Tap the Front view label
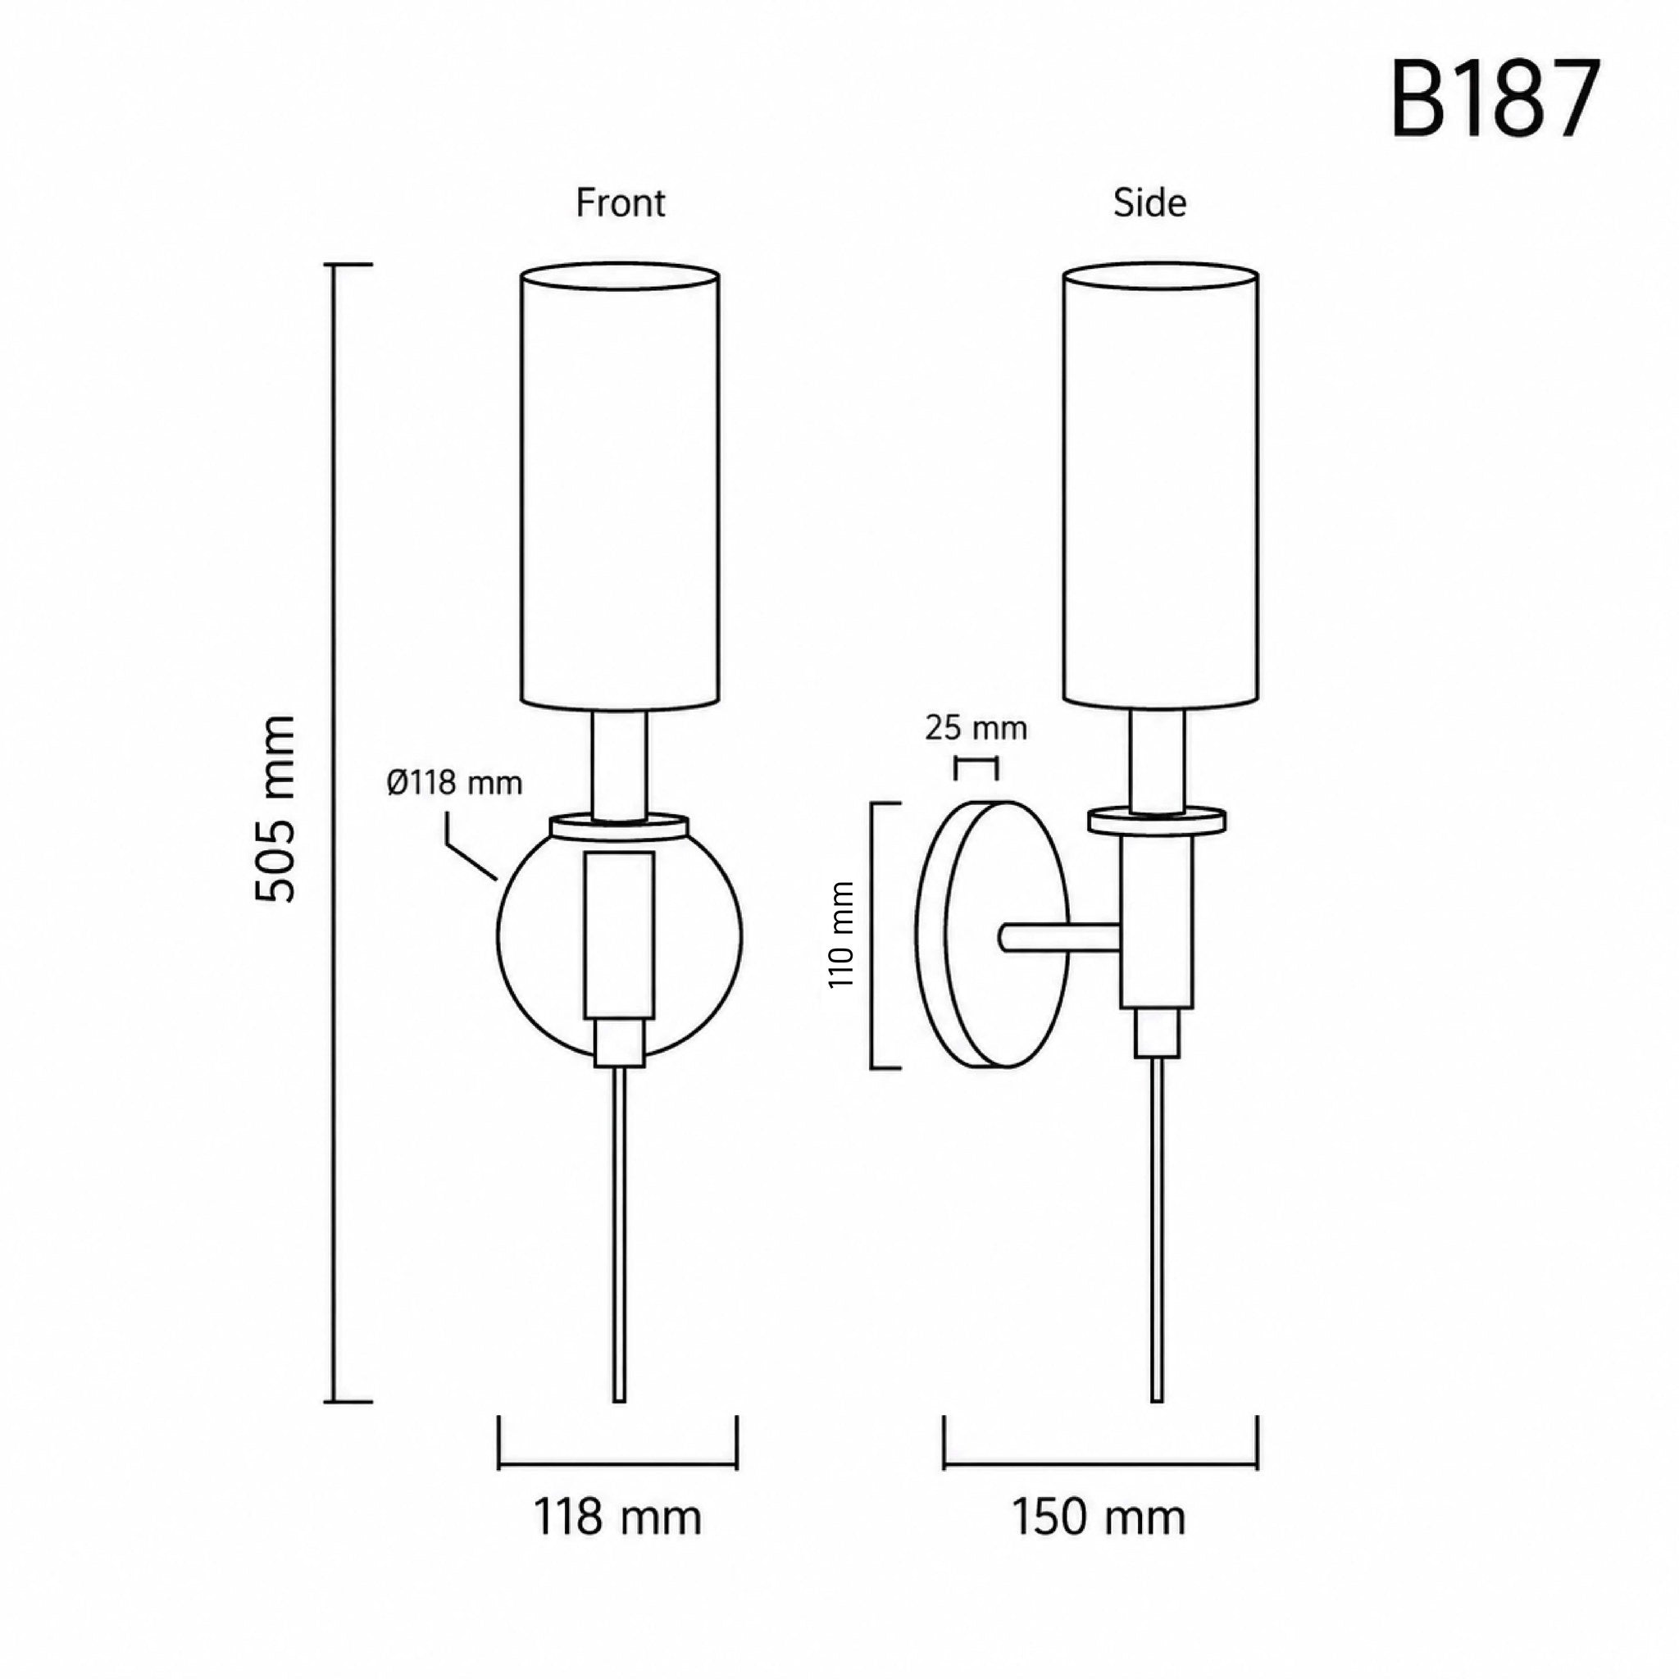click(x=621, y=202)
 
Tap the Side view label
click(x=1149, y=202)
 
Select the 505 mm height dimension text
click(x=276, y=808)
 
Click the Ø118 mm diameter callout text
click(x=454, y=784)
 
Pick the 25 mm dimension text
click(x=976, y=728)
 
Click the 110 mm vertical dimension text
click(x=842, y=935)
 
